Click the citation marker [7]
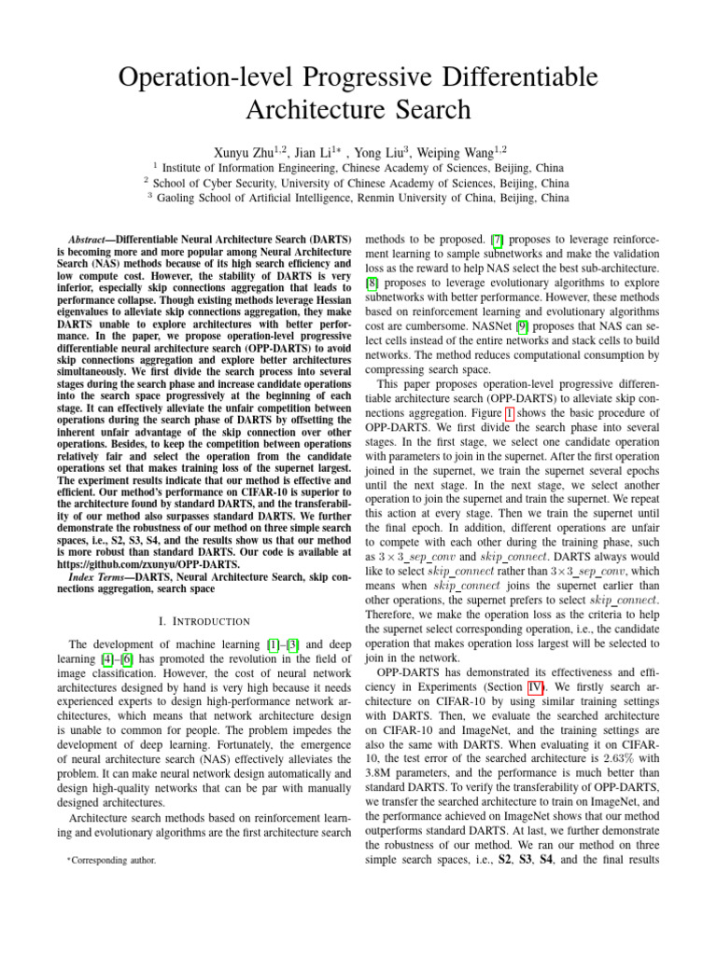point(499,240)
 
